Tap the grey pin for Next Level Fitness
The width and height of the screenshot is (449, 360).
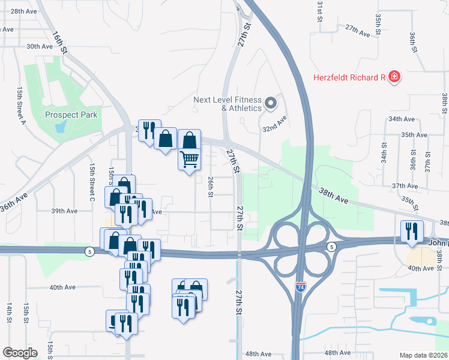(271, 103)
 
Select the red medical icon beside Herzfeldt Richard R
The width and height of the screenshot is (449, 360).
(394, 77)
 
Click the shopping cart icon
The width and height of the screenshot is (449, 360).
(189, 160)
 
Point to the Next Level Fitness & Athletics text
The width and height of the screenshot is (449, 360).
(228, 104)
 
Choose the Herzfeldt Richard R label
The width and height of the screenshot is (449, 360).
(349, 77)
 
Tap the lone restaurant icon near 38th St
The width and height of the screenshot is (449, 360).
(412, 232)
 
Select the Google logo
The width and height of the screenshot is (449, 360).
(20, 352)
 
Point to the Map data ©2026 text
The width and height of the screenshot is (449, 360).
(423, 355)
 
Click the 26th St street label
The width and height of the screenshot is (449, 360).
(211, 187)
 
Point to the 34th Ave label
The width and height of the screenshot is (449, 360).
(402, 119)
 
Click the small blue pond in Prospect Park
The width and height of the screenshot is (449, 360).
(59, 127)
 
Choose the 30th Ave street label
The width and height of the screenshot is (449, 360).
(40, 46)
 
